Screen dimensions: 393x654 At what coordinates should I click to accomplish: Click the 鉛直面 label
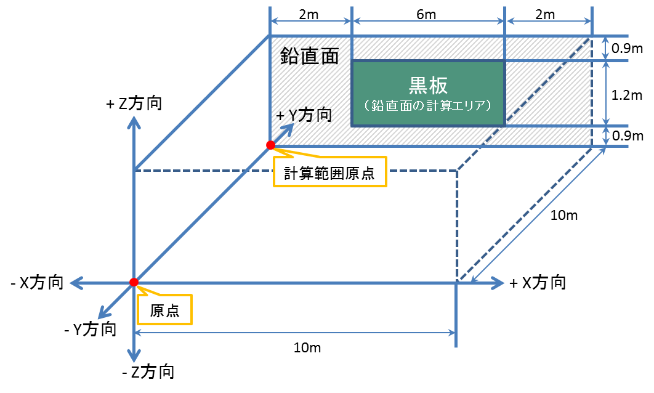pos(310,56)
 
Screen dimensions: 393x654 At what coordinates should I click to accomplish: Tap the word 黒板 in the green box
pos(427,85)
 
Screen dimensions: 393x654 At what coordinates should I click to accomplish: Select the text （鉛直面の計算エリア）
pos(427,105)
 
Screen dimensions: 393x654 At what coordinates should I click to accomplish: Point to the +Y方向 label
pos(304,115)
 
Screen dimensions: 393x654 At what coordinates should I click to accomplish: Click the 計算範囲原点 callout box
pos(329,173)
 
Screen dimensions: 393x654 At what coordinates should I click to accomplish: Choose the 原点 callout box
pos(164,310)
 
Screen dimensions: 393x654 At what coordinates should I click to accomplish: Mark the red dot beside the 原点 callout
pos(134,282)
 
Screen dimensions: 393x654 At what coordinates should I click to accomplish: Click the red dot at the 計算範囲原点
pos(270,145)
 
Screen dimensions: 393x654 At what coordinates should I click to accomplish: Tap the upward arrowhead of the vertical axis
pos(134,121)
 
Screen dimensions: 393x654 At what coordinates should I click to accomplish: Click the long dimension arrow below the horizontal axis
pos(294,333)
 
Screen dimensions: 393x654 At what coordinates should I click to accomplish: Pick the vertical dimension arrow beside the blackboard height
pos(606,93)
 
